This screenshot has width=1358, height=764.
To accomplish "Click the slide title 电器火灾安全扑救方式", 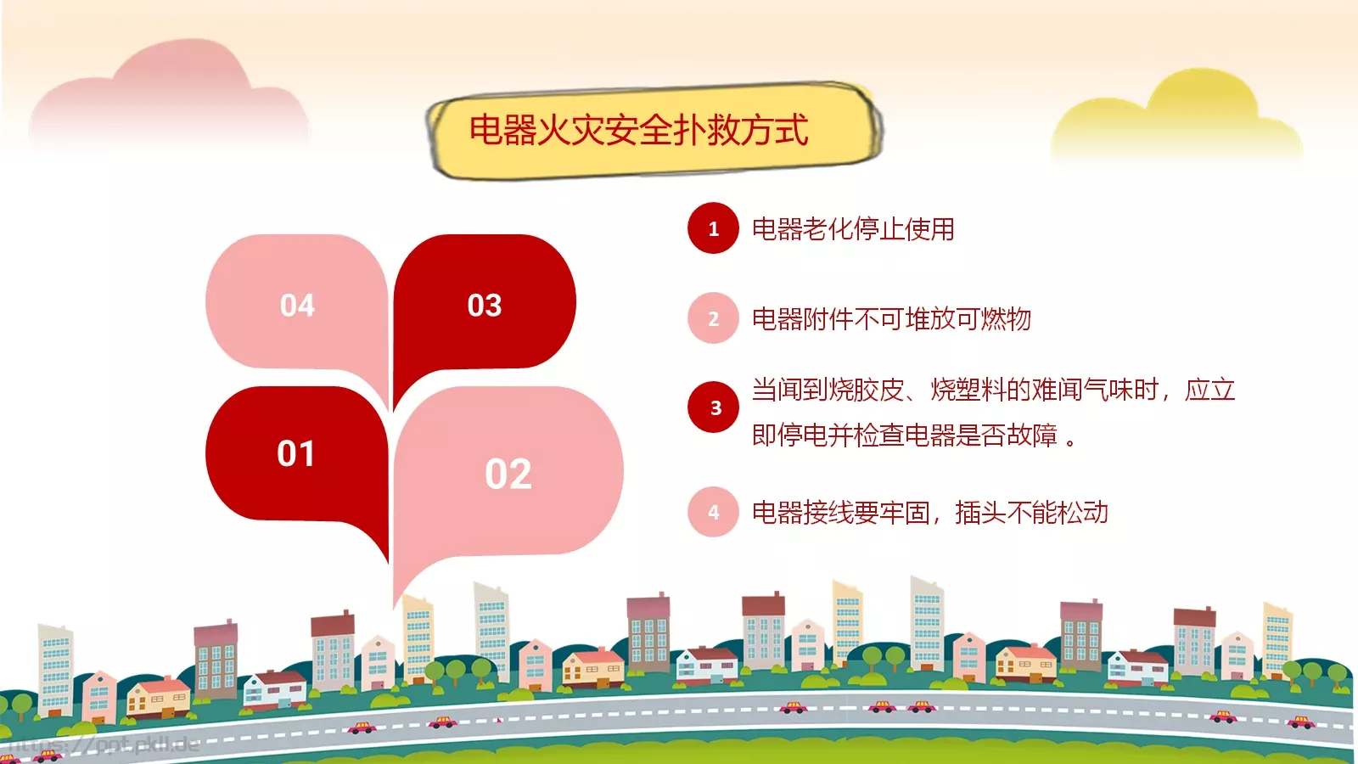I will pos(638,131).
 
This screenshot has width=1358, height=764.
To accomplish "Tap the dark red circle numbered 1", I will pos(713,228).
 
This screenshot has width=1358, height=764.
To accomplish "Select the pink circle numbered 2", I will pos(713,318).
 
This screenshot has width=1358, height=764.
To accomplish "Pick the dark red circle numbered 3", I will pos(713,407).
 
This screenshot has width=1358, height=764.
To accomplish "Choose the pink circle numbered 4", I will pos(713,512).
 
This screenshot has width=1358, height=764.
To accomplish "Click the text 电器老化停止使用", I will pos(853,229).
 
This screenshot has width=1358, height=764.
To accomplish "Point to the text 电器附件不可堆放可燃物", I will pos(891,319).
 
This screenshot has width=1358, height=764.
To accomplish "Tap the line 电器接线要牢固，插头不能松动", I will pos(929,513).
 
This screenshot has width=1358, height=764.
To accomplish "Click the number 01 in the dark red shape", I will pos(295,454).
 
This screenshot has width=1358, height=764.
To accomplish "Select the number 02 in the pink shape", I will pos(508,474).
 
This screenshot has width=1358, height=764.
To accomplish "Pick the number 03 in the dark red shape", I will pos(485,306).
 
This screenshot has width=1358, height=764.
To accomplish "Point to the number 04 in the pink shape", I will pos(297,306).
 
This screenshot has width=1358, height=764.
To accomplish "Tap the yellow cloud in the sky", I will pos(1180,119).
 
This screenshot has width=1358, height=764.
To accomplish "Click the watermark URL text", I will pos(102,745).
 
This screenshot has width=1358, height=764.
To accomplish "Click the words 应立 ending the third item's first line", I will pos(1209,390).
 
